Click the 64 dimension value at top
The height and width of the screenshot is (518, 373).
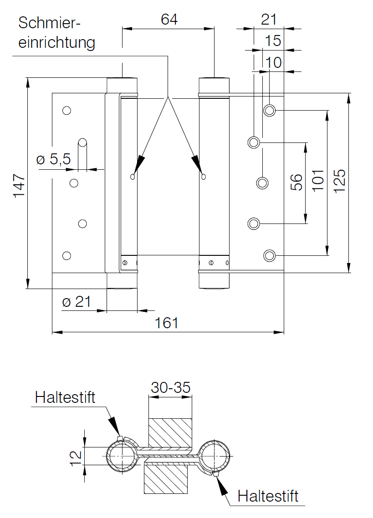[169, 19]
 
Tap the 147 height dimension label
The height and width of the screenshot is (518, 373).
[19, 186]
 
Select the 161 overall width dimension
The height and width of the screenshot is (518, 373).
[167, 323]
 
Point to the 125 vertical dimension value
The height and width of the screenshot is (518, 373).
[339, 181]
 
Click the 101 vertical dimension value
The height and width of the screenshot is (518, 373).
[318, 180]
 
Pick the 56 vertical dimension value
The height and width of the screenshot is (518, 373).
[296, 183]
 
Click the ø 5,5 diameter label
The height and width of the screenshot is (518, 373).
[54, 159]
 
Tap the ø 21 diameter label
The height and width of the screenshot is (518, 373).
[77, 302]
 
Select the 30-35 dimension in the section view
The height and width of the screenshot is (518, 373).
[171, 387]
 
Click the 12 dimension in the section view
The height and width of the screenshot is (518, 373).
[76, 458]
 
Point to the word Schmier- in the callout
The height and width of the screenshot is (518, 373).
[50, 23]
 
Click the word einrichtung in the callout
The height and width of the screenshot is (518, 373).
[56, 43]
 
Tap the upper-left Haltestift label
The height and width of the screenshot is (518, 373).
[65, 397]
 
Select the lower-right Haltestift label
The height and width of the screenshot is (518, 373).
[268, 496]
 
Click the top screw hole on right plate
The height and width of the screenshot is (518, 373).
[270, 110]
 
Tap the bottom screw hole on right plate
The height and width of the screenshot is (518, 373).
[270, 255]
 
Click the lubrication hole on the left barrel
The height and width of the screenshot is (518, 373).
[133, 177]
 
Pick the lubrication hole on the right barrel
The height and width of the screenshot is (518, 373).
[204, 177]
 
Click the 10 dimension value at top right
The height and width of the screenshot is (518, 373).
[273, 62]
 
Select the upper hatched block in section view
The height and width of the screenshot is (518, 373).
[170, 433]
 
